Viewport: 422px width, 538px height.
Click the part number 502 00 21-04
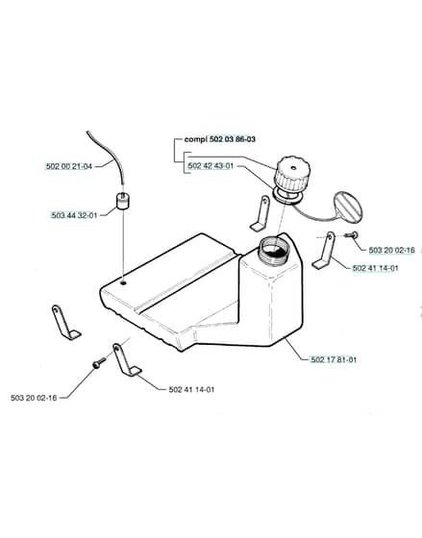69,166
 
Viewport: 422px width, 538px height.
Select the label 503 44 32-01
74,215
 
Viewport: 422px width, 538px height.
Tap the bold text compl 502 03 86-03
220,139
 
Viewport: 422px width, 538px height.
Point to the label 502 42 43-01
211,166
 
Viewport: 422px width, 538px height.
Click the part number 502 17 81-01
334,359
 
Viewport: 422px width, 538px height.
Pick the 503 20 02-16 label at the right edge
392,250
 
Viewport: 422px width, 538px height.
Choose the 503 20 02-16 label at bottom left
34,398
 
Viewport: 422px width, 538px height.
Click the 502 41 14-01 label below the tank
191,389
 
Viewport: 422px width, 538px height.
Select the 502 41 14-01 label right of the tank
375,268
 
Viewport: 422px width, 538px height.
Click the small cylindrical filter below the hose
123,201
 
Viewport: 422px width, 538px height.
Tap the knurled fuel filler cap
292,174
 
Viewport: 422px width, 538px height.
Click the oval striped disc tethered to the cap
348,207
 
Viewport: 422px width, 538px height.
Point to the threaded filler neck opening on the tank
274,249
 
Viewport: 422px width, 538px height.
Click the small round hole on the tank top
123,283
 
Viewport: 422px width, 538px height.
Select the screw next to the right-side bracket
351,235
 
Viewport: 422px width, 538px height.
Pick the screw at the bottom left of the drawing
99,363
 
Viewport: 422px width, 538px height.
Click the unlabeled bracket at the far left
65,322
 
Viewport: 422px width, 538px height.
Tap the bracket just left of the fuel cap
261,212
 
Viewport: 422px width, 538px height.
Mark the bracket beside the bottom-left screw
126,360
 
